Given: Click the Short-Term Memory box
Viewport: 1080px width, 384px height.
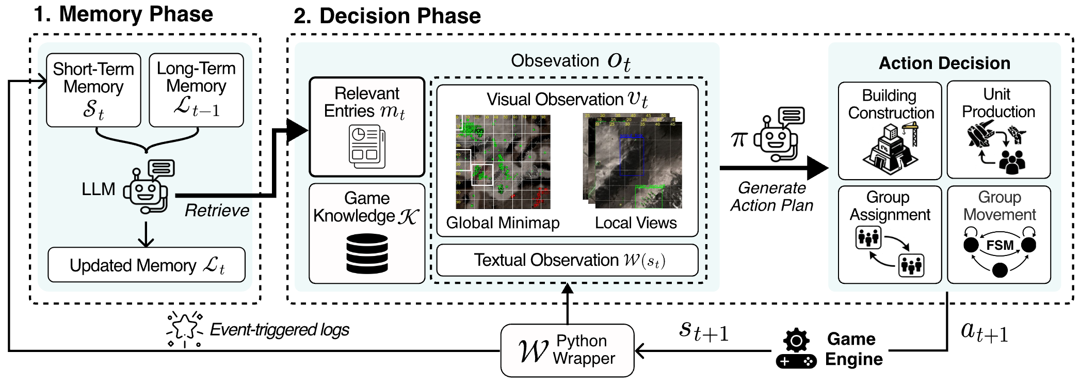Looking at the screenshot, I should (x=93, y=90).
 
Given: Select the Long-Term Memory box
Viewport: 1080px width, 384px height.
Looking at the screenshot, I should (x=196, y=90).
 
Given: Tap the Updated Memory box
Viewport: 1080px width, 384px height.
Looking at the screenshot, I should (x=147, y=265).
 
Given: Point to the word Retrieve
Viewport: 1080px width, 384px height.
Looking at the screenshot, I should (x=217, y=211).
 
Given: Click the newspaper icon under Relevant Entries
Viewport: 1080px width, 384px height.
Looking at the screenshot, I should (x=366, y=147).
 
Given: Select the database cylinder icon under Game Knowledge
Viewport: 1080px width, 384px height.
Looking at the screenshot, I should (x=367, y=253).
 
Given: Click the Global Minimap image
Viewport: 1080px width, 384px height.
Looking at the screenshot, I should (x=503, y=162).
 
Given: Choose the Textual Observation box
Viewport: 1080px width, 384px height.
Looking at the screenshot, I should (x=567, y=260).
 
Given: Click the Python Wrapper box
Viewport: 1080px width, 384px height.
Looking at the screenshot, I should (x=567, y=350).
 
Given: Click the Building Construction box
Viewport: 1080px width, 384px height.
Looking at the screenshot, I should (x=890, y=131).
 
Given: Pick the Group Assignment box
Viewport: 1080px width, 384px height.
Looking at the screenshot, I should (x=890, y=234).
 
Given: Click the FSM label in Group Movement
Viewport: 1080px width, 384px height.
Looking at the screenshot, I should (x=1000, y=245).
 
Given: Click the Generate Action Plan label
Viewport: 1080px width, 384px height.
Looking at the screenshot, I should (x=771, y=197).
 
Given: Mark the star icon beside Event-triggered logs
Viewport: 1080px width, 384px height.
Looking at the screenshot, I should (x=184, y=329).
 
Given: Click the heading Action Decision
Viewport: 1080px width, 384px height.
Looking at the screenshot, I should (x=944, y=63).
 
